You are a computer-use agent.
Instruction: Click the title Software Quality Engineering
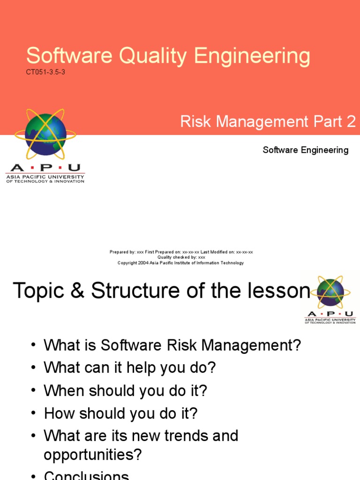tap(168, 56)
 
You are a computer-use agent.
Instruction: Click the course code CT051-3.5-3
tap(45, 73)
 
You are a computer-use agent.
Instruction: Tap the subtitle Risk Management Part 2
tap(268, 122)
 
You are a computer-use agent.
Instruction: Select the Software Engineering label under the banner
tap(305, 150)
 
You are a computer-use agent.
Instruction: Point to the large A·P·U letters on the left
tap(45, 168)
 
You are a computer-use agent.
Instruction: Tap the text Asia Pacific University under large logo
tap(45, 177)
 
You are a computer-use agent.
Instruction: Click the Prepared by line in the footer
tap(181, 252)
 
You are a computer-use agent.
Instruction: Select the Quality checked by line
tap(181, 257)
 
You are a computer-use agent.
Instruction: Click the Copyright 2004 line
tap(181, 263)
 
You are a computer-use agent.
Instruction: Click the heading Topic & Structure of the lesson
tap(162, 291)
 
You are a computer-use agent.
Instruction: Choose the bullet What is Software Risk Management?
tap(172, 345)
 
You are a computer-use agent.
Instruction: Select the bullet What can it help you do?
tap(129, 367)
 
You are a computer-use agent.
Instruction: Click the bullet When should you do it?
tap(125, 390)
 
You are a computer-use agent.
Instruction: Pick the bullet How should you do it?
tap(120, 413)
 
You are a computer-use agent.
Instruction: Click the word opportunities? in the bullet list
tap(92, 454)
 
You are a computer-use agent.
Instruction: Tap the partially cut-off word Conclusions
tap(86, 475)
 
